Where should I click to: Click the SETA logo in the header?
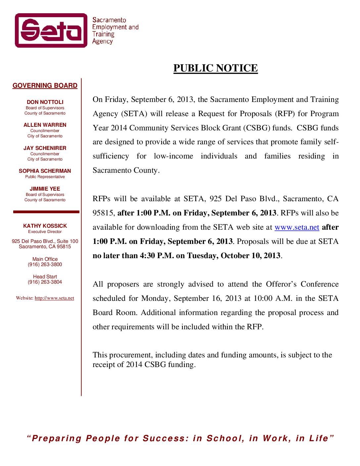51,30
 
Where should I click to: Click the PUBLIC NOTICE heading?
215,68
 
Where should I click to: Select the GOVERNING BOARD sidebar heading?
45,86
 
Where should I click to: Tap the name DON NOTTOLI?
45,102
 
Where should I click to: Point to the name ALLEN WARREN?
45,125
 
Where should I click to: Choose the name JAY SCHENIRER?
45,148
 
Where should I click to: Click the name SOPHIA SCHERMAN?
45,171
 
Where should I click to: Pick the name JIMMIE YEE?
45,189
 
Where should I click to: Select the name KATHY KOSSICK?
45,226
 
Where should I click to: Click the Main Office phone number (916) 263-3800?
45,264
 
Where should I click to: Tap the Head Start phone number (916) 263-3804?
45,282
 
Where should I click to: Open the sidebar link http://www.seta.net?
54,298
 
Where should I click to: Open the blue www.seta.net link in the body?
297,227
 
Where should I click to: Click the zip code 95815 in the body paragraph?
103,213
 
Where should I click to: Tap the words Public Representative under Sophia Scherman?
45,177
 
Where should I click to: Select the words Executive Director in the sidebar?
45,232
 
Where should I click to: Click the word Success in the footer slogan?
164,439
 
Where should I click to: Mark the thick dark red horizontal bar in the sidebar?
46,212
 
